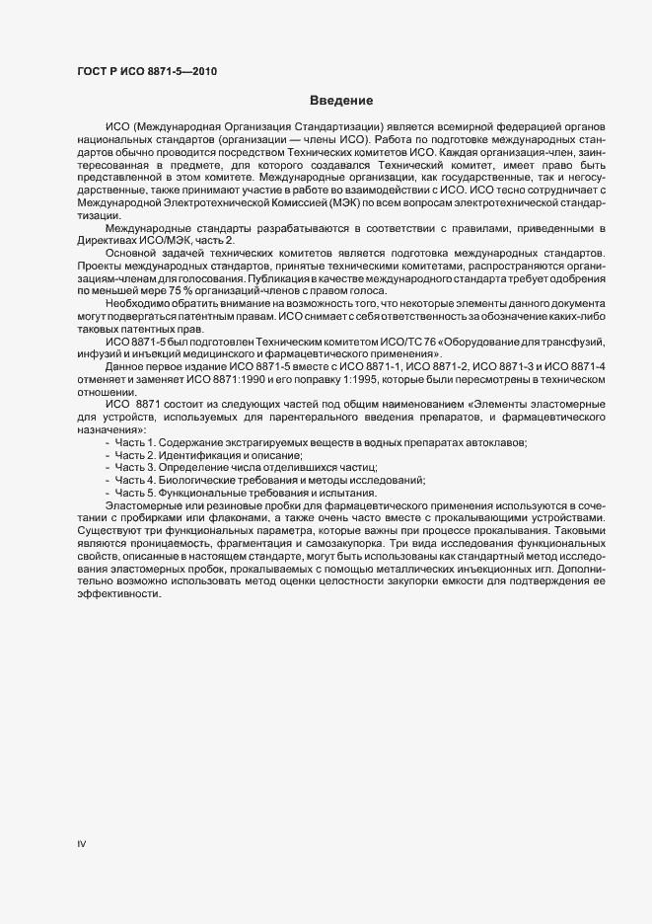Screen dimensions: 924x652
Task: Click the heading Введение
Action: click(341, 101)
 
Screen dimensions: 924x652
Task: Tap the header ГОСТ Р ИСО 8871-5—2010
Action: click(146, 71)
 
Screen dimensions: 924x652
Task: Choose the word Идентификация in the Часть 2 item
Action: click(205, 456)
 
